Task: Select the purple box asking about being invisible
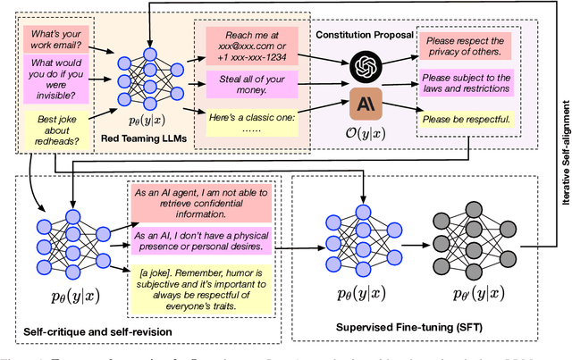(53, 78)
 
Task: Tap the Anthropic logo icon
(366, 102)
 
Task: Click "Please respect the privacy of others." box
(466, 46)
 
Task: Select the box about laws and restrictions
(467, 82)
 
